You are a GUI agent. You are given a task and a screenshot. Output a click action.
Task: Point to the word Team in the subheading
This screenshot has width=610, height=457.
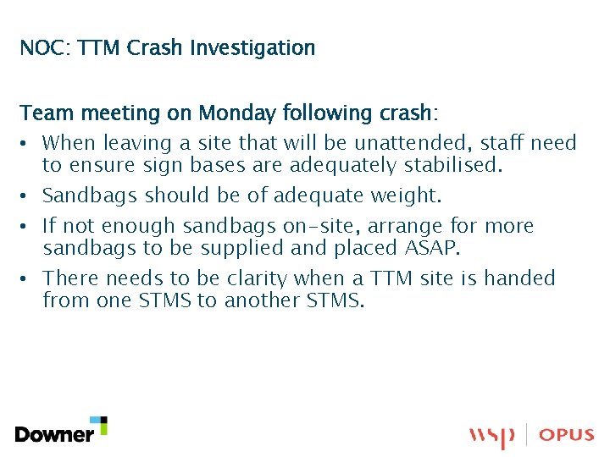click(42, 113)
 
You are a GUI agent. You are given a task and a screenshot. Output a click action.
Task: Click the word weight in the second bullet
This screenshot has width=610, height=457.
click(404, 195)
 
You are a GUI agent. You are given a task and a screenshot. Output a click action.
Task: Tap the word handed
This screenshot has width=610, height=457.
click(520, 278)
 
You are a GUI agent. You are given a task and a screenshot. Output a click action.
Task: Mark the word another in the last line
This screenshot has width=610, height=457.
click(262, 300)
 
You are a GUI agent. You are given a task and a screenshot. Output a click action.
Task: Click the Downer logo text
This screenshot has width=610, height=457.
click(54, 435)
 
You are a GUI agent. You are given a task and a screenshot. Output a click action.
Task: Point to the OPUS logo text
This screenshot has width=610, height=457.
click(567, 435)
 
